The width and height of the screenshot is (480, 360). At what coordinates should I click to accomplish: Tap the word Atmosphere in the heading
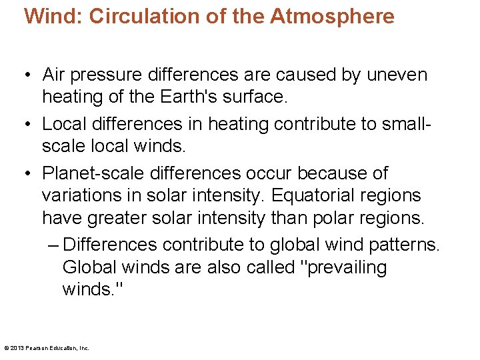pos(332,17)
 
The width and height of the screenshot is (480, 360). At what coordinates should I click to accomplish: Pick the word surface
pos(256,97)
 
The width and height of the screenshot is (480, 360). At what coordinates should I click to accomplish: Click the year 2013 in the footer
pos(17,347)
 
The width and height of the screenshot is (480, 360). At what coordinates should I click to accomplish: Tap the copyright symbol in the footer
pos(6,347)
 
